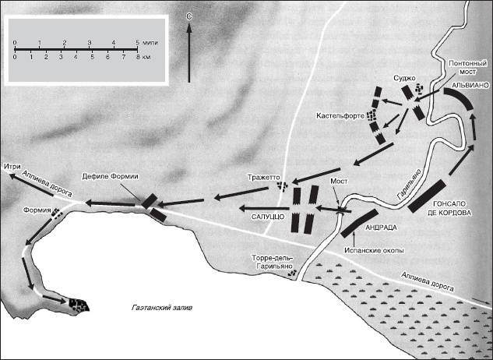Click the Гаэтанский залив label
click(162, 308)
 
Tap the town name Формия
click(37, 210)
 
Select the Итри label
click(12, 166)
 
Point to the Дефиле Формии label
click(110, 177)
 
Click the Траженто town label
click(263, 178)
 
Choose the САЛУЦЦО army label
click(268, 217)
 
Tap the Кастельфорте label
click(340, 116)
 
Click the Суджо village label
click(404, 78)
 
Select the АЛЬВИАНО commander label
click(470, 85)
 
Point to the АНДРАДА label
click(381, 228)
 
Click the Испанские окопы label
click(374, 250)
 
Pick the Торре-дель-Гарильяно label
click(273, 262)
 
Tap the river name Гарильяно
click(410, 184)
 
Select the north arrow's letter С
click(189, 18)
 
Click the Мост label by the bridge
click(339, 182)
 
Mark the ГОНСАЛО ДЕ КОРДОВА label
click(449, 208)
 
